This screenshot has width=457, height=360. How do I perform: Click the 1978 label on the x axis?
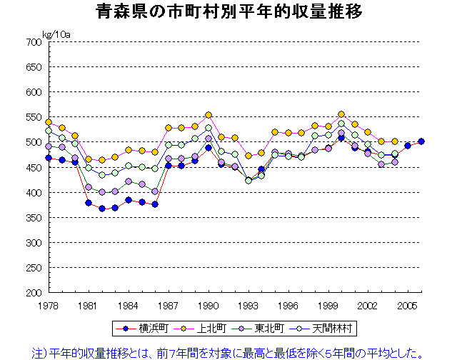click(x=49, y=305)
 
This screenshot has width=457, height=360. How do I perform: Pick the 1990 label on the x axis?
click(x=208, y=305)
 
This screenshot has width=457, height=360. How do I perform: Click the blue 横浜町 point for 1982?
click(x=101, y=209)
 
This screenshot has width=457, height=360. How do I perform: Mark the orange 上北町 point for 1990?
click(x=209, y=115)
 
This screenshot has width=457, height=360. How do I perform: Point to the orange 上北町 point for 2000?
click(x=341, y=114)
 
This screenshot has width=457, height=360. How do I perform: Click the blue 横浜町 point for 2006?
click(x=421, y=141)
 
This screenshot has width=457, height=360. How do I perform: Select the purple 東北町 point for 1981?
click(x=89, y=187)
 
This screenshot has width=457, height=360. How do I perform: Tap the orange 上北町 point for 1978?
click(x=49, y=122)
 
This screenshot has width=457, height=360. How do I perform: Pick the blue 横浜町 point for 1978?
click(x=49, y=158)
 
